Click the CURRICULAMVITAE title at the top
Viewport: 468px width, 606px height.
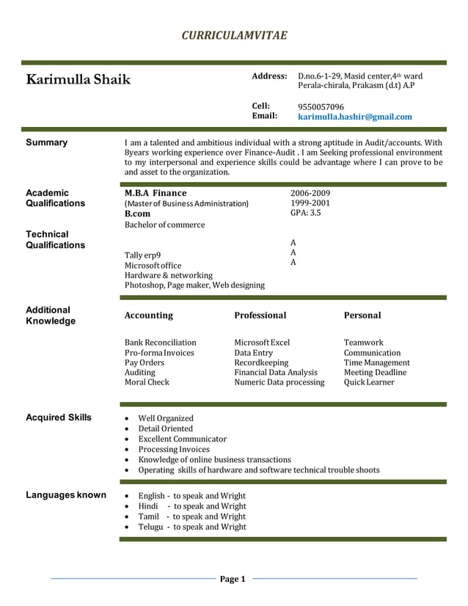[x=234, y=35]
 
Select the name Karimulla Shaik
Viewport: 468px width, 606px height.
[x=78, y=79]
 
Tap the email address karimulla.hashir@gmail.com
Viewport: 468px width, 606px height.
[x=354, y=117]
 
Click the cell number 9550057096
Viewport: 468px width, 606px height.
[x=321, y=106]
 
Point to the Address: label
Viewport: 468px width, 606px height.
[x=269, y=76]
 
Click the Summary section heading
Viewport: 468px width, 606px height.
[x=46, y=142]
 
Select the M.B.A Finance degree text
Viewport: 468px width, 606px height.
[x=156, y=193]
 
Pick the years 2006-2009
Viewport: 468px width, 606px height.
[x=310, y=193]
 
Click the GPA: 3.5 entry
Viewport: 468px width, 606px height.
[x=305, y=213]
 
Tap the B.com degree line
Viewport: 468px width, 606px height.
[x=138, y=213]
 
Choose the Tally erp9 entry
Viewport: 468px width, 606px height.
[x=142, y=255]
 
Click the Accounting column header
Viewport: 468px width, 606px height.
[x=149, y=315]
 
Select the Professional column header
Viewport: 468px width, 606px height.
[x=260, y=315]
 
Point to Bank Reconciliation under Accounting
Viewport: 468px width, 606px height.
[x=161, y=343]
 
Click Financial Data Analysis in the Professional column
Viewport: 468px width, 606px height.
[x=275, y=372]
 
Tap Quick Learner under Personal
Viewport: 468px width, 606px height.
[x=369, y=382]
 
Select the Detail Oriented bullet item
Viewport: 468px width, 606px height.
[x=166, y=428]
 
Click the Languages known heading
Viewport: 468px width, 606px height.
[x=66, y=495]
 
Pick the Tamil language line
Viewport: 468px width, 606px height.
[x=191, y=516]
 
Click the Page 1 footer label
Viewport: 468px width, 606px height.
[x=233, y=579]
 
